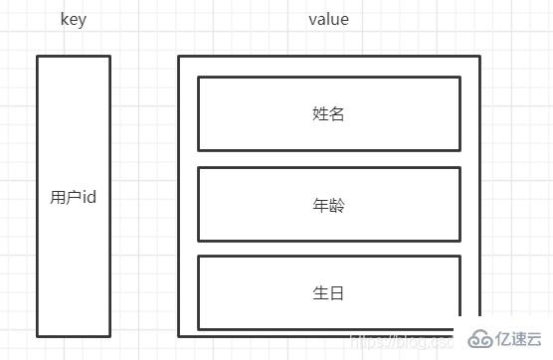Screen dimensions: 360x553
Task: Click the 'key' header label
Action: click(x=73, y=20)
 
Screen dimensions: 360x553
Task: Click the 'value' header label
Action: click(x=328, y=20)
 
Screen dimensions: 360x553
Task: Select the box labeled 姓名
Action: click(x=328, y=113)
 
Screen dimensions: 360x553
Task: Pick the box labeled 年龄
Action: click(x=328, y=204)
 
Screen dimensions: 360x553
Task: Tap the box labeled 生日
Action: click(x=328, y=292)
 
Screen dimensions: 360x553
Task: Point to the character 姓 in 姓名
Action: click(x=320, y=113)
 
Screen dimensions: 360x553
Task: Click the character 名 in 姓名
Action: click(x=336, y=113)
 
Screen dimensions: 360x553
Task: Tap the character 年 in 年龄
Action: click(x=320, y=205)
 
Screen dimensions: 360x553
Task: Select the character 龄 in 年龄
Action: click(x=336, y=205)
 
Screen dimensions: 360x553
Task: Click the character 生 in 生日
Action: click(x=320, y=293)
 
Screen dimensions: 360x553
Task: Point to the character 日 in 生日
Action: click(x=336, y=293)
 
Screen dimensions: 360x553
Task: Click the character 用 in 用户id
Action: click(x=58, y=197)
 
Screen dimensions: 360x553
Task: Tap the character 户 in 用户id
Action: click(x=73, y=197)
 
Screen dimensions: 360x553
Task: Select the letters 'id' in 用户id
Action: click(x=89, y=197)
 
